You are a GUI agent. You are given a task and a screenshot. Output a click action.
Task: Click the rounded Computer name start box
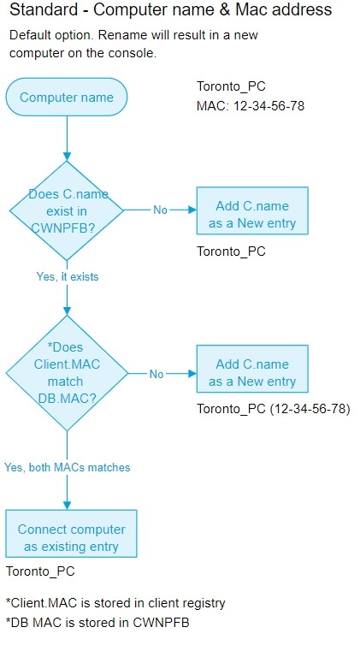tap(66, 97)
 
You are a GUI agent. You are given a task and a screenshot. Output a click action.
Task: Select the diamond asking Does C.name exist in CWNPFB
tap(66, 210)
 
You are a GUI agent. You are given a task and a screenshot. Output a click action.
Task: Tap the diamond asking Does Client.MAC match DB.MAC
tap(67, 373)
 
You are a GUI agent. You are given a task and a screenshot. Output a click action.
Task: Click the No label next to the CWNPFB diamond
tap(160, 210)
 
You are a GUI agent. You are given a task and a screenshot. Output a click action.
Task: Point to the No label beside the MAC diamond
tap(156, 374)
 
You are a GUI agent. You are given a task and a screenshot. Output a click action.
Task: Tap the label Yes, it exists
tap(68, 277)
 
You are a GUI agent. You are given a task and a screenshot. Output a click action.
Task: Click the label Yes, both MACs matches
tap(67, 467)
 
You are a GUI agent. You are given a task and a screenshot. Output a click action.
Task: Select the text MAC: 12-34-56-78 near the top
tap(251, 106)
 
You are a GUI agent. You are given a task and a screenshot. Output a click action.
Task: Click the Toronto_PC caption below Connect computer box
tap(40, 571)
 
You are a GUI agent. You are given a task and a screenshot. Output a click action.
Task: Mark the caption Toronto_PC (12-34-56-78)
tap(274, 409)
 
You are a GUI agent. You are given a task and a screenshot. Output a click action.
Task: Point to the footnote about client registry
tap(115, 603)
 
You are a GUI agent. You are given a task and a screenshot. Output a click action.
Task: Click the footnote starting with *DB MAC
tap(97, 623)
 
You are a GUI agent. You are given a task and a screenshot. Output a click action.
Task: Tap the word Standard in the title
tap(44, 9)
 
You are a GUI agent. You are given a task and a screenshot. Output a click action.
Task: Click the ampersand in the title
tap(224, 9)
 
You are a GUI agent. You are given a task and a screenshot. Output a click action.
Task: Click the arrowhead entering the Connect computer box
tap(67, 506)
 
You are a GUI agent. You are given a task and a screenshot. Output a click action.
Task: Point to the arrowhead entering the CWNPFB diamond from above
tap(67, 157)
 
